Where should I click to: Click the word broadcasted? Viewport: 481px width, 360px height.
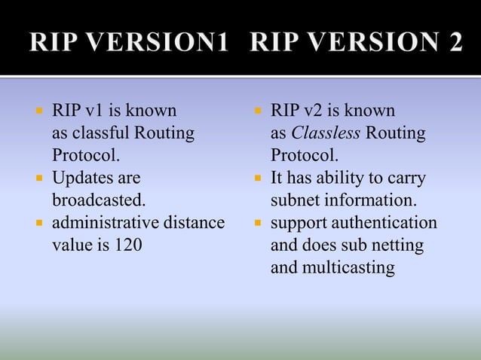[x=98, y=201]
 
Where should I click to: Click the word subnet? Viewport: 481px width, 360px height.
[x=296, y=201]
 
